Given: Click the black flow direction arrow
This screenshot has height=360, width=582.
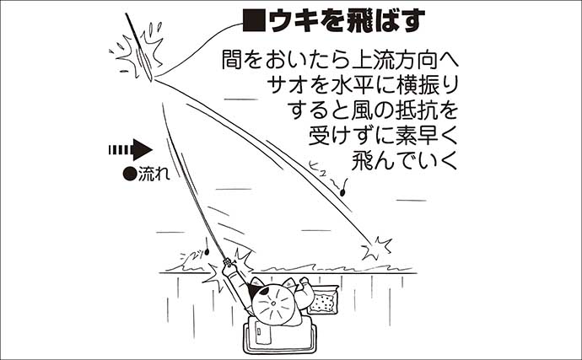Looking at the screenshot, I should point(130,150).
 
